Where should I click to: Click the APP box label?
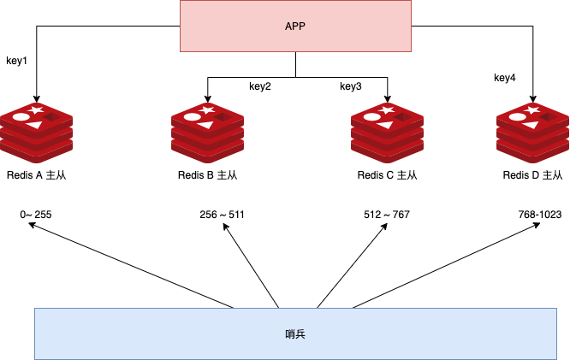pyautogui.click(x=295, y=26)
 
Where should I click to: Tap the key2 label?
pyautogui.click(x=260, y=86)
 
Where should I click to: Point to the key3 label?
pyautogui.click(x=351, y=86)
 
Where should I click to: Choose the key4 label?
pyautogui.click(x=505, y=78)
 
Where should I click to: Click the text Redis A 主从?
pyautogui.click(x=36, y=175)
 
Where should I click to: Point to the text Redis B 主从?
pyautogui.click(x=207, y=175)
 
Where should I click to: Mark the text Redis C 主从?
pyautogui.click(x=388, y=175)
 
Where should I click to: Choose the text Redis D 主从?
pyautogui.click(x=533, y=175)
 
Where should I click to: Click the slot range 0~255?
pyautogui.click(x=36, y=214)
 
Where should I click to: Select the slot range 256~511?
pyautogui.click(x=222, y=214)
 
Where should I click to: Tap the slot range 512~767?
pyautogui.click(x=387, y=214)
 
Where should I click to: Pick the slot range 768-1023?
pyautogui.click(x=539, y=214)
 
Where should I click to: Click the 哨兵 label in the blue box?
pyautogui.click(x=294, y=333)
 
